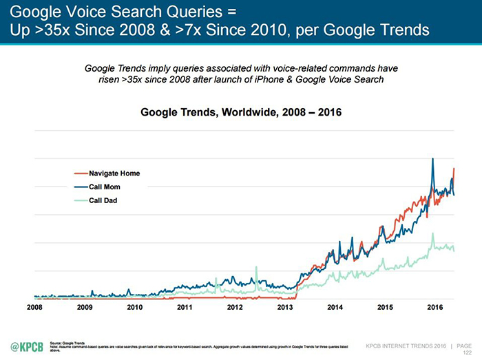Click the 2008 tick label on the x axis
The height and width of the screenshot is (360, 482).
34,306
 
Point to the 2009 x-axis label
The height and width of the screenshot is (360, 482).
85,306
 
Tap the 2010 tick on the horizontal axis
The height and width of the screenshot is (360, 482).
135,306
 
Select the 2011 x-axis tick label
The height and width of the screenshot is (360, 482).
185,306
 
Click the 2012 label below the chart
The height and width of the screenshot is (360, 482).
235,306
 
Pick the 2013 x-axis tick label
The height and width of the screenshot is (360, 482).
284,306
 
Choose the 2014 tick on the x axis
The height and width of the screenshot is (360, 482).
335,306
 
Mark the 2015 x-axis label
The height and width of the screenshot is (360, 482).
384,306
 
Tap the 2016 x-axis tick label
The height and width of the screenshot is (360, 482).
434,306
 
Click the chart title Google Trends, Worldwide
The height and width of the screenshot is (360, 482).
240,112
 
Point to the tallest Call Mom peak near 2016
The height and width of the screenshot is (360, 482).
432,159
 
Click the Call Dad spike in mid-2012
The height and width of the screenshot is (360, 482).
256,267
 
